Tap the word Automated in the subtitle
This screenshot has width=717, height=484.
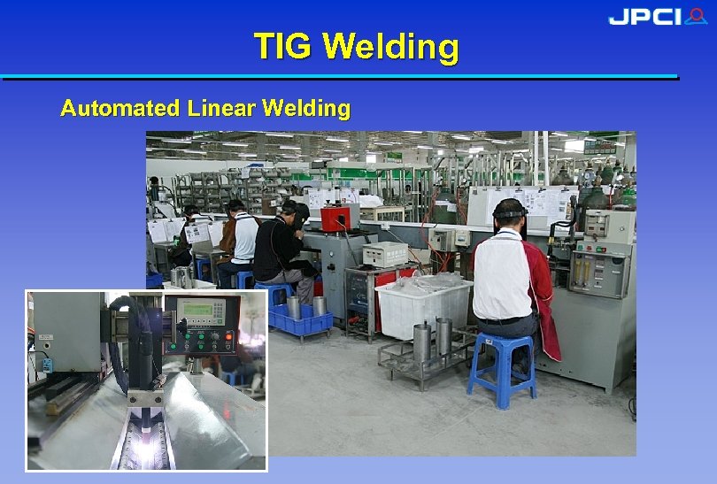119,109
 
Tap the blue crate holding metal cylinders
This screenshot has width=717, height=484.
301,319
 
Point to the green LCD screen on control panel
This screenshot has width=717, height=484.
199,310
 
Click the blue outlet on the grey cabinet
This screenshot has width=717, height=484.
45,364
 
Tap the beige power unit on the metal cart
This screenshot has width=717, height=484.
385,254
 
